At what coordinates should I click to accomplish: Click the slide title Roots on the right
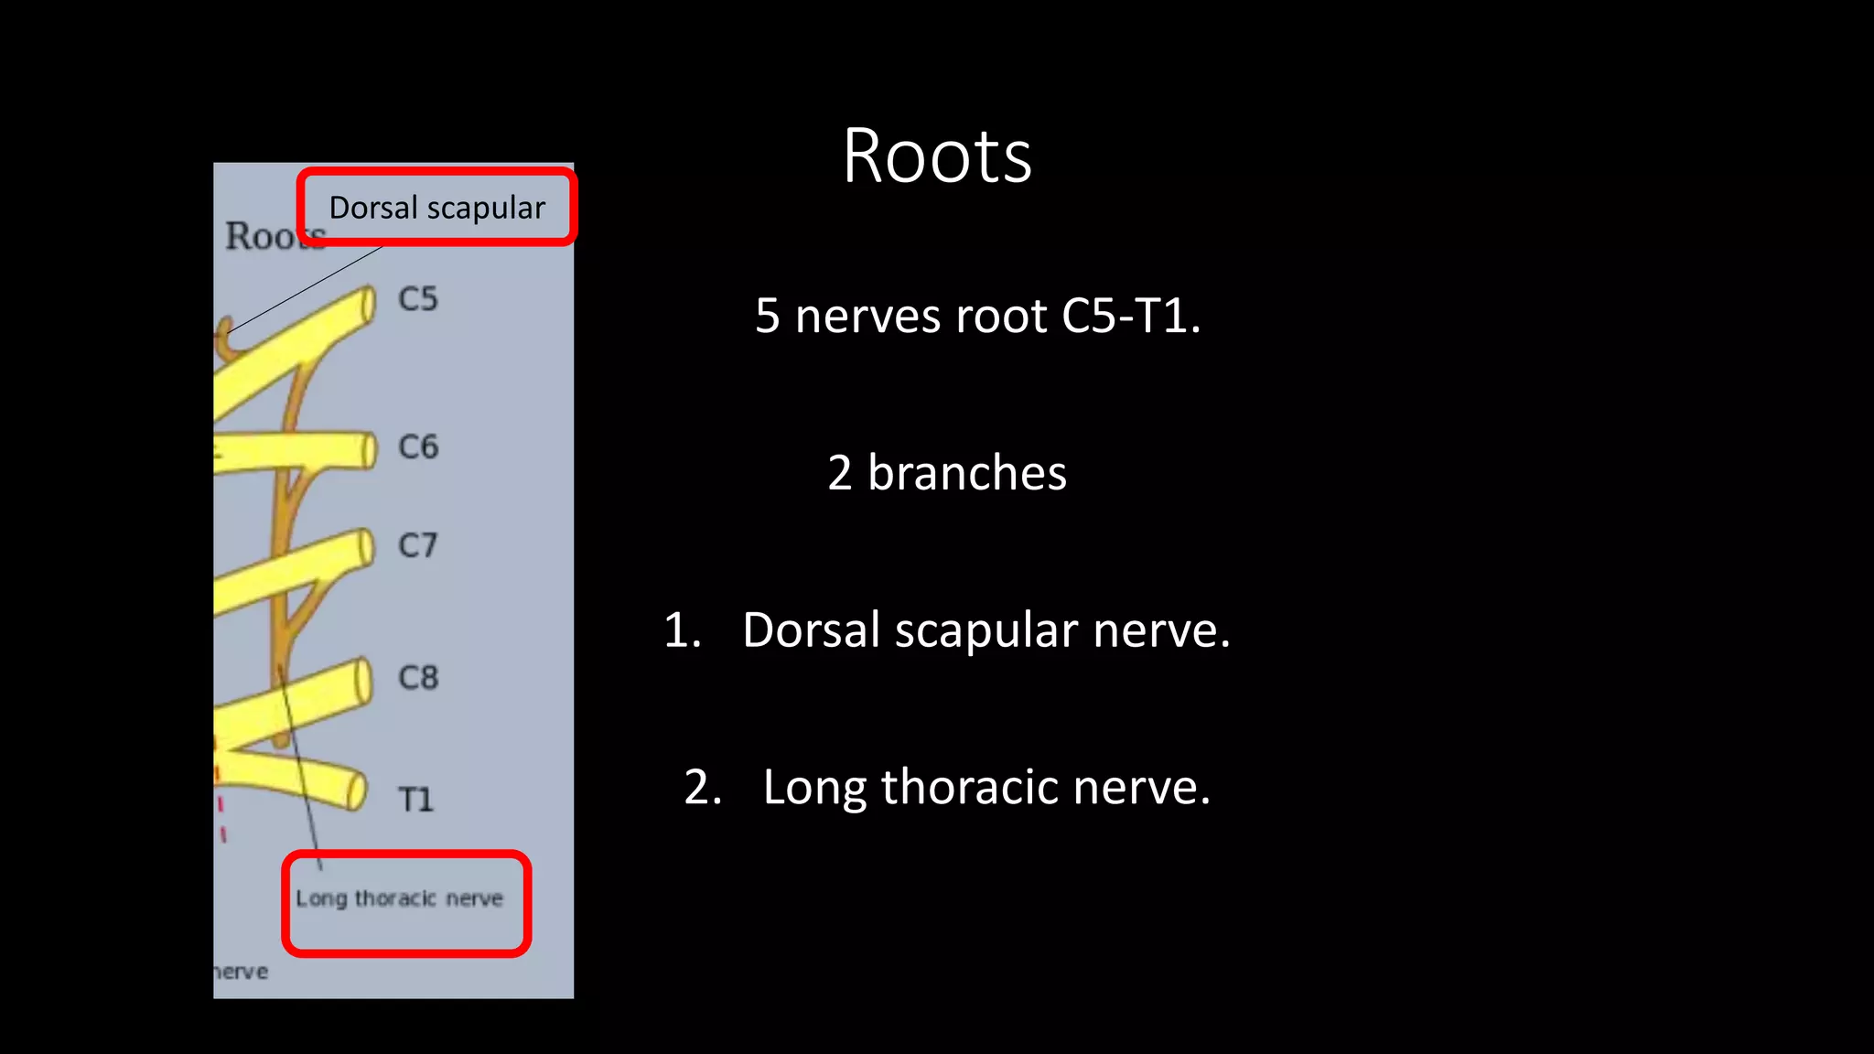point(937,156)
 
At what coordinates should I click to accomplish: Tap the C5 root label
point(418,299)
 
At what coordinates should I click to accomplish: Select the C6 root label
point(418,446)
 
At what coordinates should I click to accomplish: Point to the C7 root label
point(418,545)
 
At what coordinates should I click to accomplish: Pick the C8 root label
point(418,678)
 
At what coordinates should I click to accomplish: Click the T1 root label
point(415,800)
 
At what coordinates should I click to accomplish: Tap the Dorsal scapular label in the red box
point(436,208)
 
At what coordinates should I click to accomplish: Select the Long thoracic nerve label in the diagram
point(399,898)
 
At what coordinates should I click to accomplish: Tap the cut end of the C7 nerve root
point(367,547)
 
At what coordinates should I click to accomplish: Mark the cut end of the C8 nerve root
point(364,681)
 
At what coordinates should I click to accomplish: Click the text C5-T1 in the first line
point(1130,317)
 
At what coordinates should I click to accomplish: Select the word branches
point(966,473)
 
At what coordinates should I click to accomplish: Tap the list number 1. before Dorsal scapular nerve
point(682,630)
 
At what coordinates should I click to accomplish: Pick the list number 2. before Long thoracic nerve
point(703,788)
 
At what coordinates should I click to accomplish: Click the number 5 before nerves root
point(767,317)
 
